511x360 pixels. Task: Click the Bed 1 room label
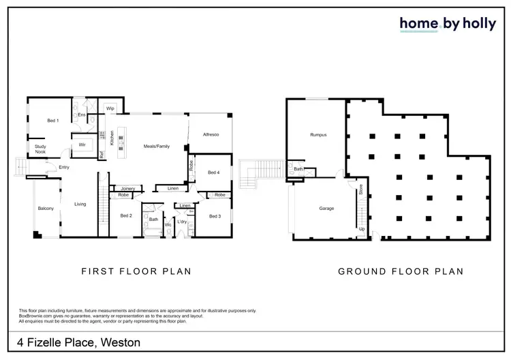pos(52,121)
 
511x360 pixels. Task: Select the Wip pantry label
pos(110,108)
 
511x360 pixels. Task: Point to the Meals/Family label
pos(156,147)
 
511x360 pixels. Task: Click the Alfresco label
pos(211,135)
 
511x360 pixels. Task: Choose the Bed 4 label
pos(213,172)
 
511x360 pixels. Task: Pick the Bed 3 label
pos(215,216)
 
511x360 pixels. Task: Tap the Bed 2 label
pos(125,216)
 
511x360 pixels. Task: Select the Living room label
pos(80,203)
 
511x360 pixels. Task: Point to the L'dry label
pos(182,222)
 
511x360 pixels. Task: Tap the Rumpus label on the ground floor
pos(318,135)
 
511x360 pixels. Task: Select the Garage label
pos(326,208)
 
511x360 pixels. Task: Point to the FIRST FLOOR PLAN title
pos(136,271)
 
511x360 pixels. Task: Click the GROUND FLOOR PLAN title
pos(401,271)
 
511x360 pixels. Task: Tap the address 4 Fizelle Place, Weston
pos(76,342)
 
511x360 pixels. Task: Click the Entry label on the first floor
pos(64,168)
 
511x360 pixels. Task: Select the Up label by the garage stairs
pos(362,229)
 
